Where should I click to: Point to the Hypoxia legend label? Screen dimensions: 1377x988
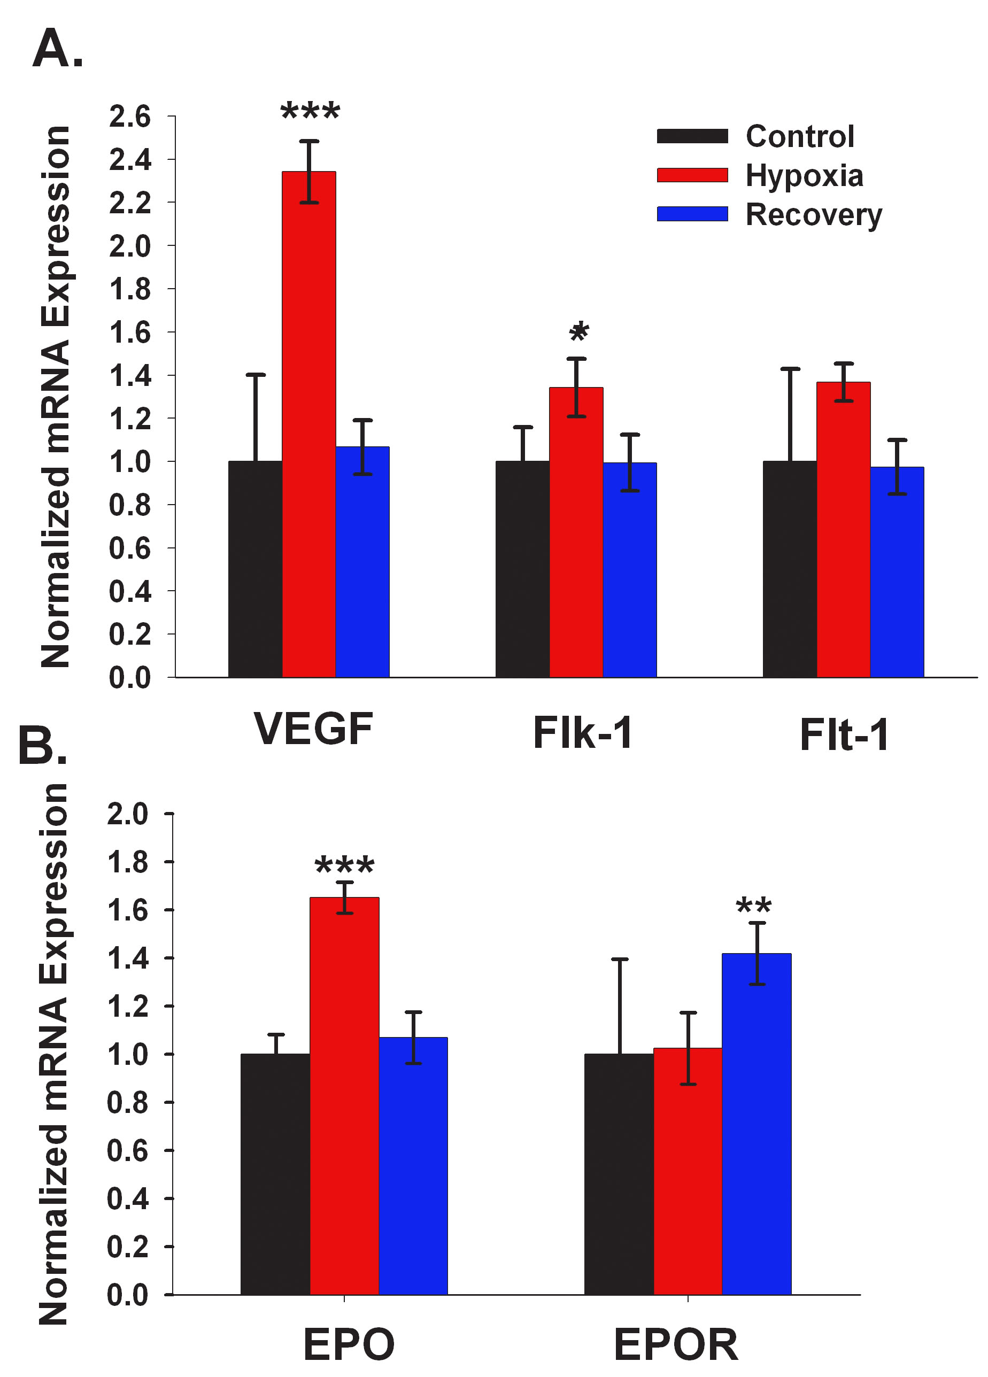coord(804,175)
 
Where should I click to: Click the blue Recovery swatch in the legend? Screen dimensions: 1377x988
coord(692,214)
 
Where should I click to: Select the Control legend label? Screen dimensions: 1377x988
coord(800,136)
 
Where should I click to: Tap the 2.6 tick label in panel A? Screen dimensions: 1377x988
coord(129,117)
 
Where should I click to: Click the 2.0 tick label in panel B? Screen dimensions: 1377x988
coord(128,814)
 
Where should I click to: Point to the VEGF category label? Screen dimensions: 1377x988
coord(313,729)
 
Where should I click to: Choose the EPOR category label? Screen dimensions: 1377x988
coord(676,1345)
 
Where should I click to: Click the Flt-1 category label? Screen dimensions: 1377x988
coord(844,734)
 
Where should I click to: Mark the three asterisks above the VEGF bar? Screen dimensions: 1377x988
coord(310,112)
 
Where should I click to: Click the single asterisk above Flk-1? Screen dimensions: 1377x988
coord(578,331)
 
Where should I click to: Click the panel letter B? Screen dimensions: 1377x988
coord(43,746)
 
